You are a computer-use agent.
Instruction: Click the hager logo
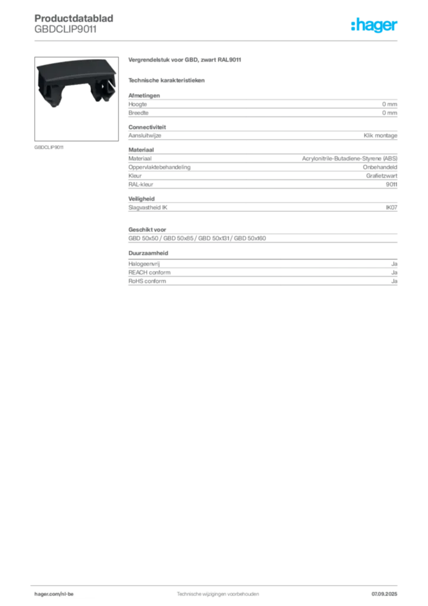coord(374,25)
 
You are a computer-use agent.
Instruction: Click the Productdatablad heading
coord(74,18)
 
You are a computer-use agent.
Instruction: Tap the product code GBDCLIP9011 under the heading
coord(65,29)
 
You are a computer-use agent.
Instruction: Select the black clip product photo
coord(76,99)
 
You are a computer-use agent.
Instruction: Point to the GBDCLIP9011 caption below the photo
coord(49,147)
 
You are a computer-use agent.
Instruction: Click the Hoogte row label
coord(137,104)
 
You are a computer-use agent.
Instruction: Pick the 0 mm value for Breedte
coord(390,113)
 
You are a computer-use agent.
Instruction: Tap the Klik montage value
coord(380,136)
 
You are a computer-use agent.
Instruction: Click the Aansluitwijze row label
coord(145,136)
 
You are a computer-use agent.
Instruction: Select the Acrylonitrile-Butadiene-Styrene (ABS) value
coord(349,159)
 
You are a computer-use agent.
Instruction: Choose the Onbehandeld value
coord(380,167)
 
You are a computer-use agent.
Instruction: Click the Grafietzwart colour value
coord(382,176)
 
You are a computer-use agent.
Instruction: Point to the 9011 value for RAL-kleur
coord(391,185)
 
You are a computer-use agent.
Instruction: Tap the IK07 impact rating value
coord(391,208)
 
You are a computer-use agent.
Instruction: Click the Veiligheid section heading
coord(141,199)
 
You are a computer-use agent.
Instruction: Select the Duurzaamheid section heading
coord(148,253)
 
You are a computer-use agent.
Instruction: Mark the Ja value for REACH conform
coord(394,272)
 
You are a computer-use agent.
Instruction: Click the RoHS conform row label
coord(147,281)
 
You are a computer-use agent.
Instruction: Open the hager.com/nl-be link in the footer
coord(54,594)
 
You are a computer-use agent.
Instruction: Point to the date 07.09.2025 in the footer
coord(384,594)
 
